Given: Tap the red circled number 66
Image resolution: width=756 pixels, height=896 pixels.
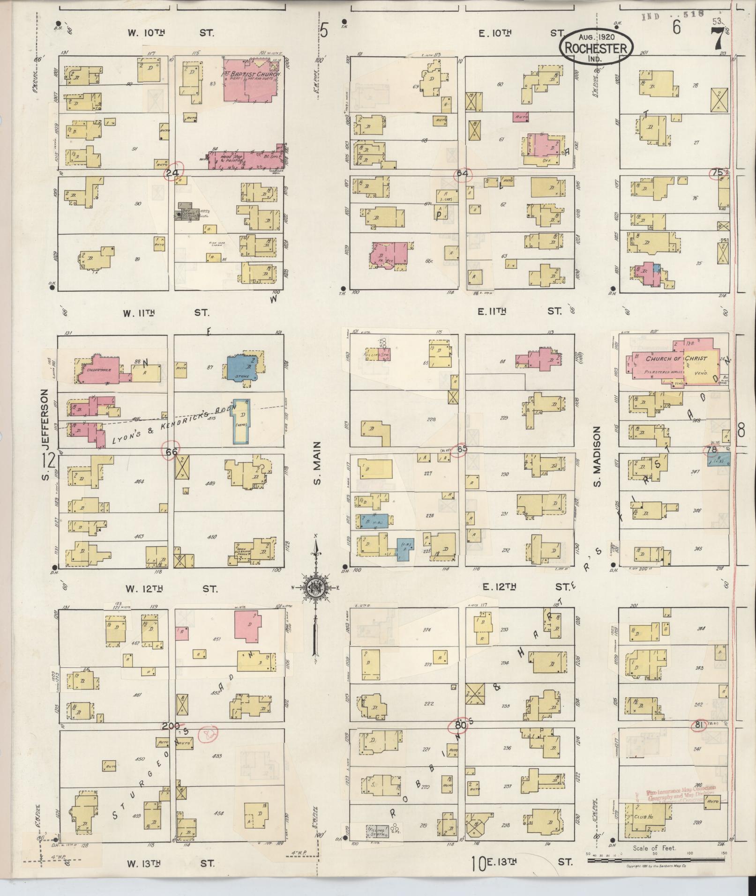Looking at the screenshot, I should (171, 451).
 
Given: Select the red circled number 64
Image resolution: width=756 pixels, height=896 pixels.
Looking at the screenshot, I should (462, 174).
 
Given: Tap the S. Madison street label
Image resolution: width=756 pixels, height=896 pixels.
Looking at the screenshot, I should (597, 457).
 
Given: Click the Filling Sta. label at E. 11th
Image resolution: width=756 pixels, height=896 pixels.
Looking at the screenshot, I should (374, 355).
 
